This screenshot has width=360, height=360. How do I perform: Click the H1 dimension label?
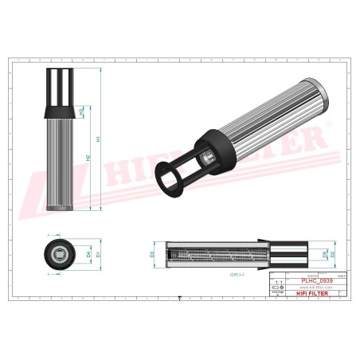point(99,139)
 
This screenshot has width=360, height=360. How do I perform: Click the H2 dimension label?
point(88,158)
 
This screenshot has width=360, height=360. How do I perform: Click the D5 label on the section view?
point(325,254)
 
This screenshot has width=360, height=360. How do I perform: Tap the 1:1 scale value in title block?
point(277,282)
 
